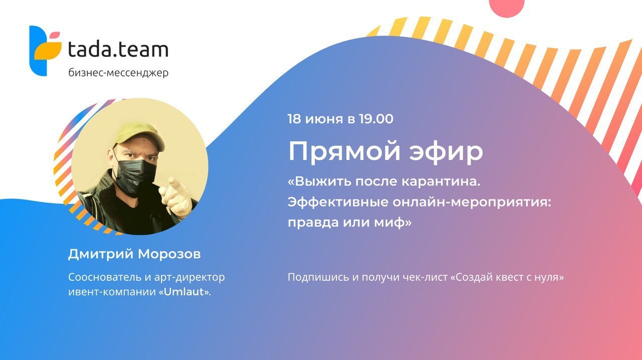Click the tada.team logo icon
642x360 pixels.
click(45, 51)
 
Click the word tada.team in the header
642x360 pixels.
click(118, 49)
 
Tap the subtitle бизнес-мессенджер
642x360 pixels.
click(118, 73)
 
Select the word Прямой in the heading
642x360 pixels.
click(344, 152)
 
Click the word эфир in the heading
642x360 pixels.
click(446, 152)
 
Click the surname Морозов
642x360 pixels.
click(170, 254)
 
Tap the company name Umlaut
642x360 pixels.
click(184, 292)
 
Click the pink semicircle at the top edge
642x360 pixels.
click(507, 8)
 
